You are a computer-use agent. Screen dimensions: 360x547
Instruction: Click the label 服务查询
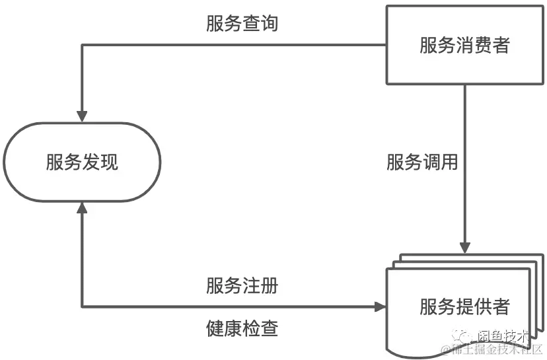242,24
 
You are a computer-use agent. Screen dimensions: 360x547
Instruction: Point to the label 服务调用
422,162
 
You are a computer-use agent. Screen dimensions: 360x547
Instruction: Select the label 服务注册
242,287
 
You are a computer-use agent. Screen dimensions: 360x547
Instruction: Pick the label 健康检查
242,328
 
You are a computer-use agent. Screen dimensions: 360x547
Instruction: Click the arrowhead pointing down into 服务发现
82,116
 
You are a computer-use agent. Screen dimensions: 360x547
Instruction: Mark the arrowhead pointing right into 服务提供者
380,306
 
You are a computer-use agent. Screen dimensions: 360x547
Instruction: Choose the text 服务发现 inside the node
82,162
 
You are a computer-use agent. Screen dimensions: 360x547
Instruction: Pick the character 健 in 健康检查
215,328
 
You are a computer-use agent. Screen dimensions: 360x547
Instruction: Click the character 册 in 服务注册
269,287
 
